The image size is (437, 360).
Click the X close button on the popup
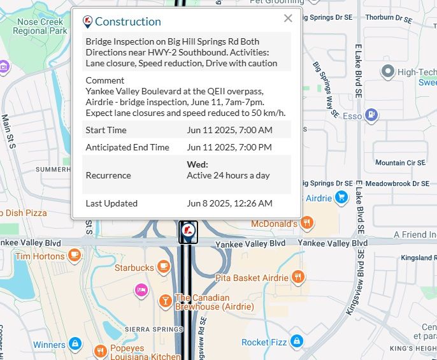(288, 18)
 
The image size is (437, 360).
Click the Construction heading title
(127, 22)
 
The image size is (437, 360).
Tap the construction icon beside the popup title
(88, 22)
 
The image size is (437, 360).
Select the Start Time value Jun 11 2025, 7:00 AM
(229, 130)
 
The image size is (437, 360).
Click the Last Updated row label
(111, 203)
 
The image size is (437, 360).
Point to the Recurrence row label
(108, 175)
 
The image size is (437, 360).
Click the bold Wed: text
(197, 164)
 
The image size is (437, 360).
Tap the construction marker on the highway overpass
(188, 231)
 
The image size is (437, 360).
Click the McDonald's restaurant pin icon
(307, 223)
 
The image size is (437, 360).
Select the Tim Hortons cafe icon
(75, 256)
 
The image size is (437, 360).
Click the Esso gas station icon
(371, 116)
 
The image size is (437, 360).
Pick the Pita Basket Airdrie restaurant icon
(297, 277)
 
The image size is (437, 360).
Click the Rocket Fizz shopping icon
(296, 342)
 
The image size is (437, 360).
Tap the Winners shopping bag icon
(75, 345)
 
